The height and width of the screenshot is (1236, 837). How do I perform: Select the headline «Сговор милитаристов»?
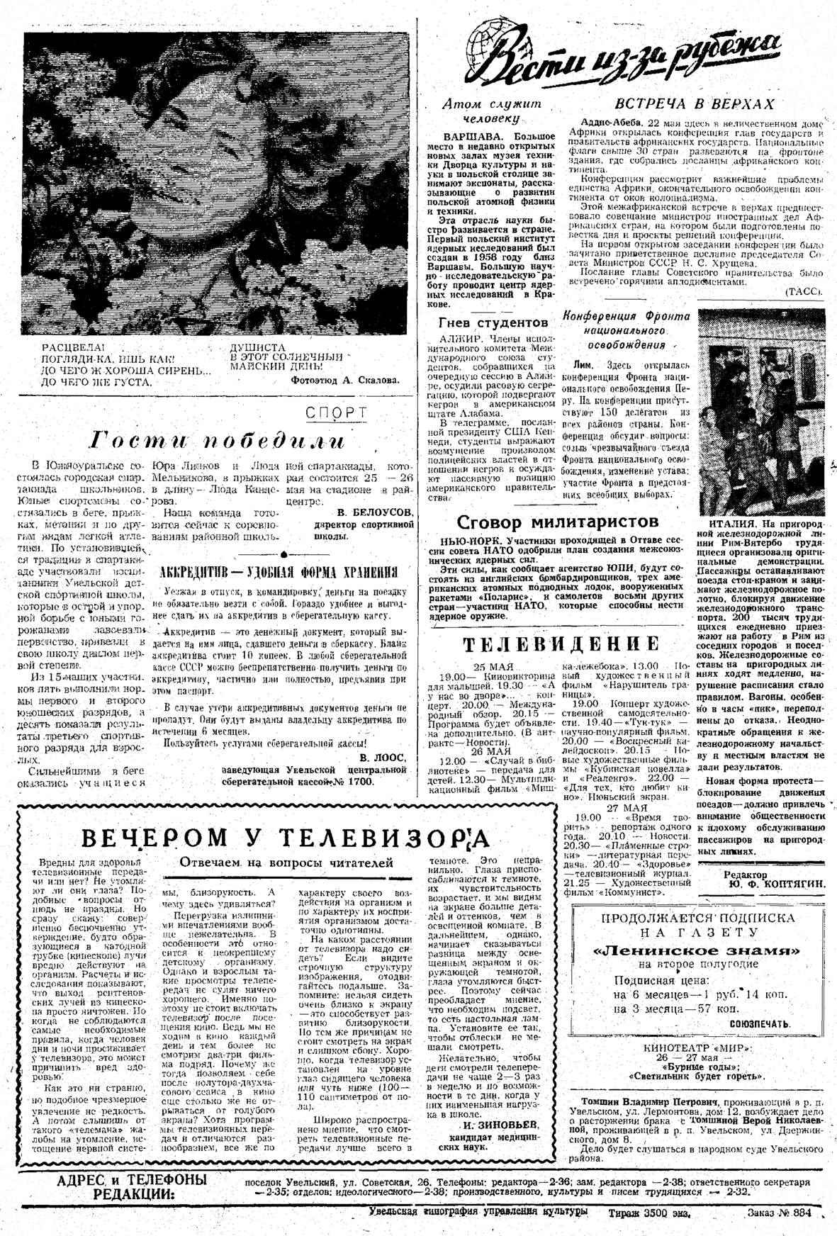coord(558,522)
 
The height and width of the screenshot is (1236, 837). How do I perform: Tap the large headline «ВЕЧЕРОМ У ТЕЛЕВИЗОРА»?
coord(285,838)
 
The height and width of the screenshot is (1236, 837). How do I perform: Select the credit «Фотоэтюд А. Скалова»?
coord(345,380)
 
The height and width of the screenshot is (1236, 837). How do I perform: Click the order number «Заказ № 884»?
coord(778,1213)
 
